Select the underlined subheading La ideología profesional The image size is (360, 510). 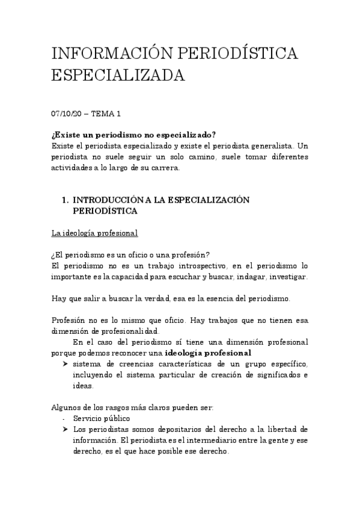94,233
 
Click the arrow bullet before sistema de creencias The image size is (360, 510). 64,364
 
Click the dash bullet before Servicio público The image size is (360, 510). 63,419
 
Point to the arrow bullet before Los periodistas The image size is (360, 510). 64,429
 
